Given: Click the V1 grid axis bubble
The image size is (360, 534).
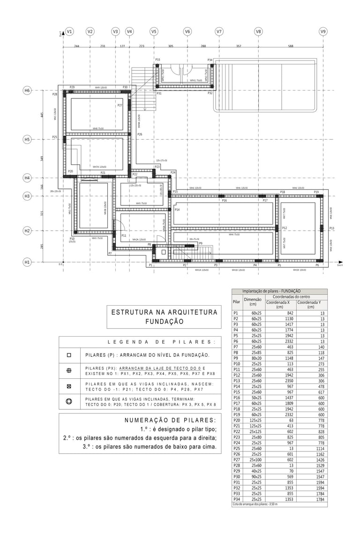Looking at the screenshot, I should [x=69, y=31].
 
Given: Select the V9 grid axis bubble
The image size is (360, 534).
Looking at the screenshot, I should [x=323, y=31].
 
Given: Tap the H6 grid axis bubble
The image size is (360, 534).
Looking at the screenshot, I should [x=27, y=90].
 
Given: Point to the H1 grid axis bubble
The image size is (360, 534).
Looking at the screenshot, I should [x=27, y=263].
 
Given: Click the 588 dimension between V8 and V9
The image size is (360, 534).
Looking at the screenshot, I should [x=291, y=46].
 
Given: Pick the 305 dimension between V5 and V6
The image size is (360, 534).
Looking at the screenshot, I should [x=171, y=46].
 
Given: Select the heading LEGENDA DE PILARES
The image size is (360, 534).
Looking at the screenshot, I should [x=162, y=342].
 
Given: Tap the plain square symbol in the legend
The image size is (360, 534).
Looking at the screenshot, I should [x=69, y=355].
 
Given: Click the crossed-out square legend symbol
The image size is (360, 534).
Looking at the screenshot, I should [x=69, y=386].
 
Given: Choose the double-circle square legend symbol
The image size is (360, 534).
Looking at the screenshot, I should [x=69, y=402].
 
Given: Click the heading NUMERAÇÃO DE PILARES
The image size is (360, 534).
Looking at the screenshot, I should [x=170, y=420].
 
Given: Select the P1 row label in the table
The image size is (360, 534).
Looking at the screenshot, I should [x=236, y=313].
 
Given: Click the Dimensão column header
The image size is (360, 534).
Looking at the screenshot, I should [x=253, y=301].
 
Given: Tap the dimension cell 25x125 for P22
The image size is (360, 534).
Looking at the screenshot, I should [x=255, y=431].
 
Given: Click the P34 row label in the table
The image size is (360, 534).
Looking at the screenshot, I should [x=236, y=499].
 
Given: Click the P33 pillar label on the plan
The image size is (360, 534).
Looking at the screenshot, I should [x=157, y=60].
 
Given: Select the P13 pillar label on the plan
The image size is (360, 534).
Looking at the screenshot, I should [x=331, y=228].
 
